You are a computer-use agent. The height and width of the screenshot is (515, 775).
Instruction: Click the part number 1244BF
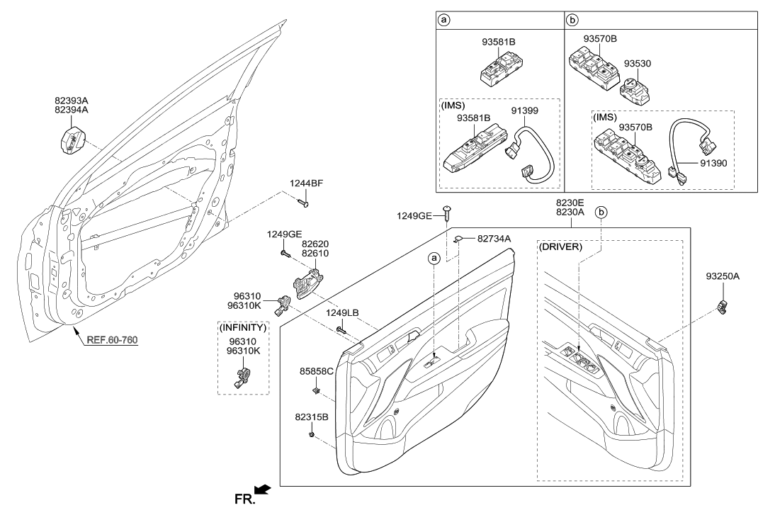coord(306,183)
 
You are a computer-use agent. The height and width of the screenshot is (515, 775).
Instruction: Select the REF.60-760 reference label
coord(112,339)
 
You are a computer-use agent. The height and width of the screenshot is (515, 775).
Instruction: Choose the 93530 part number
coord(637,63)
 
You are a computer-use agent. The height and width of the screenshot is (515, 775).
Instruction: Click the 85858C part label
coord(317,370)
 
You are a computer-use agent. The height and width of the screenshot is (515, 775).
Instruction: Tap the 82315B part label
coord(311,417)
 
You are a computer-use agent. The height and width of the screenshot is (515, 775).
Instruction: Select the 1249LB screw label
coord(342,312)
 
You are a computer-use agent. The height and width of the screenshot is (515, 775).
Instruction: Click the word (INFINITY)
coord(243,328)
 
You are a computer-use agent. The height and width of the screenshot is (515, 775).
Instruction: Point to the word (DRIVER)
coord(561,247)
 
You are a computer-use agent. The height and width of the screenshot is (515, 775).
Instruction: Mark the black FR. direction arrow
coord(261,489)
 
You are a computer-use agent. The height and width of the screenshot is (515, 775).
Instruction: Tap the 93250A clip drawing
coord(723,307)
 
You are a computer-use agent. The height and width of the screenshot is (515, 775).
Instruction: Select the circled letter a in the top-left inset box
coord(443,20)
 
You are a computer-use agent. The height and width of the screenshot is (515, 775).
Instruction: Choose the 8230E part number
coord(571,201)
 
